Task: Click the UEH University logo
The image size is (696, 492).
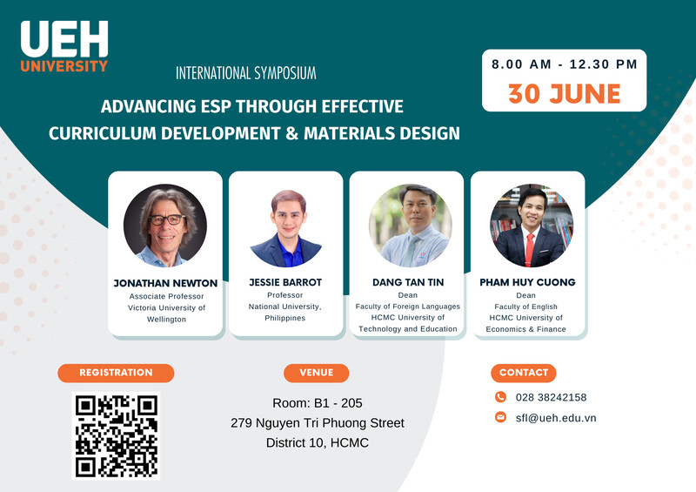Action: (x=64, y=46)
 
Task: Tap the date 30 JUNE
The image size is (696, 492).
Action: (x=564, y=94)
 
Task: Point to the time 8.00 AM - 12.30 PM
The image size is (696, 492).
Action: (x=564, y=64)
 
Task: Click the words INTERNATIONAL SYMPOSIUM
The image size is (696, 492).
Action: (x=246, y=73)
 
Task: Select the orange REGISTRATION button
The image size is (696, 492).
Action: (x=116, y=373)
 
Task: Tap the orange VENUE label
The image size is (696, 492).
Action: (x=316, y=373)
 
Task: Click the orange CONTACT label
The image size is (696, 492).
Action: (x=524, y=373)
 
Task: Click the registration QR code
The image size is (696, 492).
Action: (x=116, y=435)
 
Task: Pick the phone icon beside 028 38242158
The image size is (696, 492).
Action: (x=500, y=397)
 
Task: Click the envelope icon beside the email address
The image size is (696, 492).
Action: (x=500, y=417)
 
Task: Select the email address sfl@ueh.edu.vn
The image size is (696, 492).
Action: (x=556, y=418)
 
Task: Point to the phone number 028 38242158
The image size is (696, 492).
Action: (x=551, y=397)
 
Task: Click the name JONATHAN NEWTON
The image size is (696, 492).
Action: (x=165, y=283)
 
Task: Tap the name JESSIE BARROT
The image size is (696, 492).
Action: (x=285, y=282)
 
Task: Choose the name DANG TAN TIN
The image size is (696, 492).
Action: (x=408, y=282)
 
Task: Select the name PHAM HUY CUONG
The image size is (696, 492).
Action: (x=527, y=282)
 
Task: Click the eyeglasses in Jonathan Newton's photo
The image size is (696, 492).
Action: (x=167, y=219)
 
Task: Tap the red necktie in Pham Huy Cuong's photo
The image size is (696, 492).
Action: (x=530, y=249)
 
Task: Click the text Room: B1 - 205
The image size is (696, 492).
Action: (x=318, y=403)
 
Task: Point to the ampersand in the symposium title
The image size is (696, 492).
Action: (x=291, y=133)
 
